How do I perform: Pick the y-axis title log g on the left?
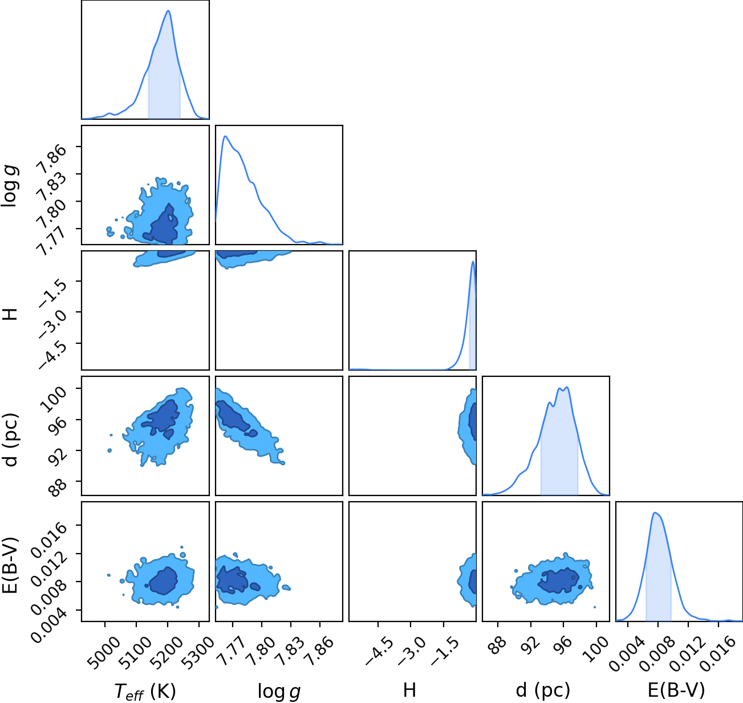10,185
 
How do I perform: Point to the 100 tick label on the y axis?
53,398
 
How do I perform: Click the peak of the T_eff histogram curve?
168,11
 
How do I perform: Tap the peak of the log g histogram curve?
225,136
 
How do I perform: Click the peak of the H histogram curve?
473,262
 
